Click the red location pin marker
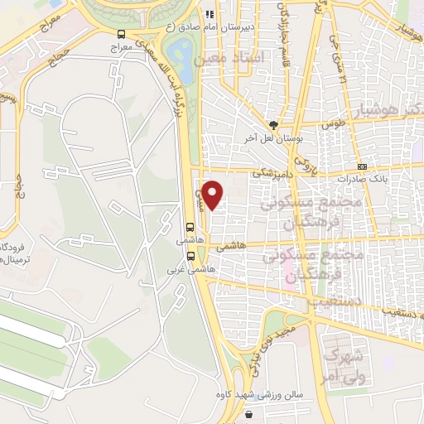point(214,195)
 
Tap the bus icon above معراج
point(122,35)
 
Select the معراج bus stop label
point(122,49)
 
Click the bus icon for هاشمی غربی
point(191,255)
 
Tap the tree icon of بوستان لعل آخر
point(273,124)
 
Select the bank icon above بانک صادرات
point(363,166)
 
